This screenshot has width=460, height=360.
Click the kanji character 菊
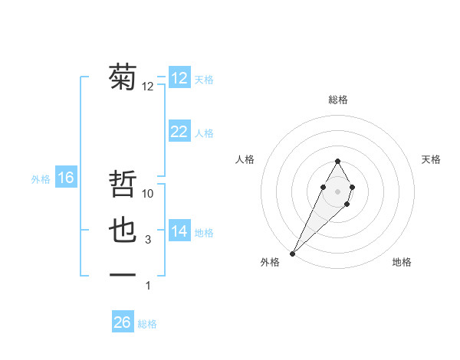coord(123,78)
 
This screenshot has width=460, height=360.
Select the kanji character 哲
coord(123,186)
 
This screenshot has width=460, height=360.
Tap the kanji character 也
coord(123,231)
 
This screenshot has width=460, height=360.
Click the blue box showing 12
coord(179,78)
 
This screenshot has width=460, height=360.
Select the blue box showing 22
coord(179,132)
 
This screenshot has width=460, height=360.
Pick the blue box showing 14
coord(179,231)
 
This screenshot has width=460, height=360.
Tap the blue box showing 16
coord(66,178)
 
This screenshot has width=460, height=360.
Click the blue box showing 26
coord(123,322)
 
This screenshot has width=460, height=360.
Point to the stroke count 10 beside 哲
coord(148,194)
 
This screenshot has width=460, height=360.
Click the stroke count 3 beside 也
coord(148,240)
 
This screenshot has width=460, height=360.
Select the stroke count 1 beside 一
coord(148,286)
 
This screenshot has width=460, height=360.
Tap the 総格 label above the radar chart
coord(337,100)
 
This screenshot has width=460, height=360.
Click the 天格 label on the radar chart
coord(432,159)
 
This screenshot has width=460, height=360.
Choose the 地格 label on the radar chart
coord(402,262)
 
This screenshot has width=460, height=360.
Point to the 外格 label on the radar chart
coord(270,262)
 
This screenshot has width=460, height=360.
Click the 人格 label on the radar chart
coord(245,159)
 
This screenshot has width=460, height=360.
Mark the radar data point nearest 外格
coord(293,253)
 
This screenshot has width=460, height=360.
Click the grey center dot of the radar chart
coord(337,190)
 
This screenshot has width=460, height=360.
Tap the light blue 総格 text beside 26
coord(147,324)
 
